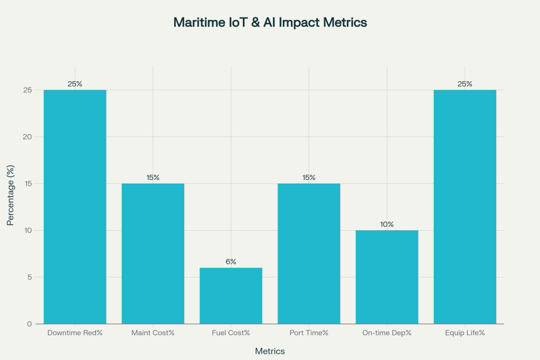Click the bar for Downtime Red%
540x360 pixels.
tap(75, 207)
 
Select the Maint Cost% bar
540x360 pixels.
tap(153, 253)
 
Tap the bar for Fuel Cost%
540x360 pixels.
tap(231, 296)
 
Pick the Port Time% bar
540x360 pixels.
tap(309, 253)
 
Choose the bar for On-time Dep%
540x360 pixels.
tap(387, 277)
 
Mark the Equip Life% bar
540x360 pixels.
tap(465, 207)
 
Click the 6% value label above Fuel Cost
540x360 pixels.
tap(231, 262)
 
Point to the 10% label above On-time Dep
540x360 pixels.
tap(387, 224)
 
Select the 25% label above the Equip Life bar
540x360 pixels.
tap(465, 84)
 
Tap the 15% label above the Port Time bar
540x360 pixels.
tap(309, 177)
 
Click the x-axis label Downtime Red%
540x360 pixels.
tap(75, 333)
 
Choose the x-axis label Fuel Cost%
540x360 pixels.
tap(231, 333)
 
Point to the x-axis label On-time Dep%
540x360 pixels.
tap(387, 333)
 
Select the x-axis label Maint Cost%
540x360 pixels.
tap(153, 333)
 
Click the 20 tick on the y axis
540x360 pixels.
tap(28, 137)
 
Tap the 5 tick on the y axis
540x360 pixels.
tap(30, 277)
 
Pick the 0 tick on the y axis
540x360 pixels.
tap(30, 324)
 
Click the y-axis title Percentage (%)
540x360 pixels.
tap(10, 195)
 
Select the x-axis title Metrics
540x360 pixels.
tap(270, 351)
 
